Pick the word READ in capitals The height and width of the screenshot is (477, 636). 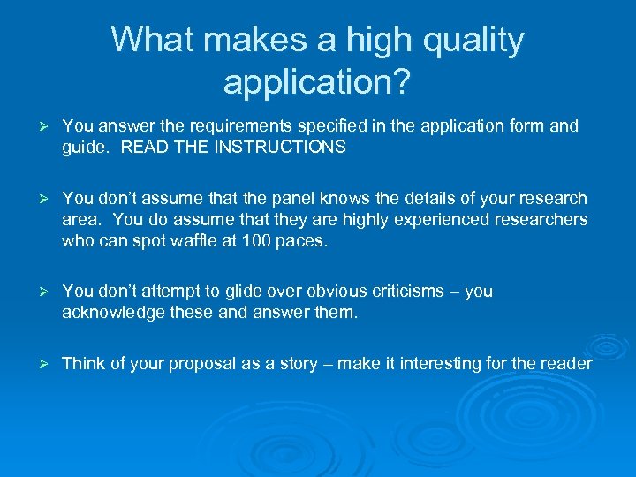coord(140,148)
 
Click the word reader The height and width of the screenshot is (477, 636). coord(565,363)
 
